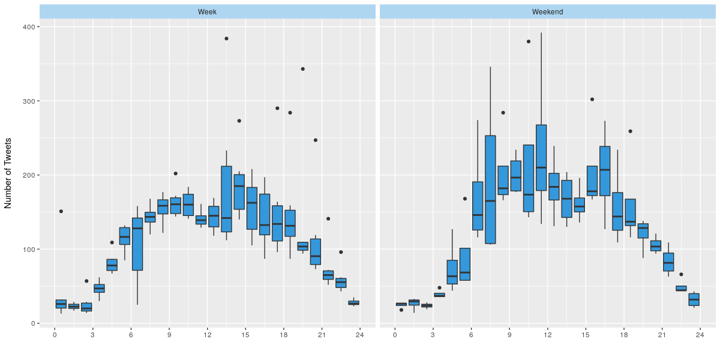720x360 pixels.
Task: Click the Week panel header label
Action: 208,11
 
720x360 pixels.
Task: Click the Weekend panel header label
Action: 547,11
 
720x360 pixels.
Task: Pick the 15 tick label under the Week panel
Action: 245,334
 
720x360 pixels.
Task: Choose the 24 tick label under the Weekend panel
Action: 700,334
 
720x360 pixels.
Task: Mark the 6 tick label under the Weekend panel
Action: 471,334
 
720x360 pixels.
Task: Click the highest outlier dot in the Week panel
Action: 226,38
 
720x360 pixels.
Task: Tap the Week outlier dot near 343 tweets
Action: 303,69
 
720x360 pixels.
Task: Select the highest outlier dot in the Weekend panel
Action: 529,41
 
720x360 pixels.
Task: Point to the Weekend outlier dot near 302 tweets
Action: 592,100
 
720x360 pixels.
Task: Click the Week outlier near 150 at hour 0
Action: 61,211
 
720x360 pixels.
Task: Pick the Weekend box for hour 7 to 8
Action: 490,190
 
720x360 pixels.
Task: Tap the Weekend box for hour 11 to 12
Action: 541,158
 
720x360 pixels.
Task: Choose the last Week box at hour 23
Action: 353,303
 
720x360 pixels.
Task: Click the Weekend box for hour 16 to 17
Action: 605,171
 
